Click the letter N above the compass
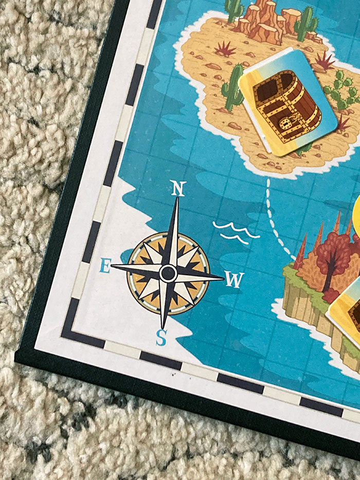click(177, 189)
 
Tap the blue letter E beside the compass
click(104, 266)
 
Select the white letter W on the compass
click(235, 280)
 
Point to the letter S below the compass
click(161, 337)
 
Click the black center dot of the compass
click(168, 273)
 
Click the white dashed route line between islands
click(273, 216)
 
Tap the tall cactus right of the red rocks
click(307, 23)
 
